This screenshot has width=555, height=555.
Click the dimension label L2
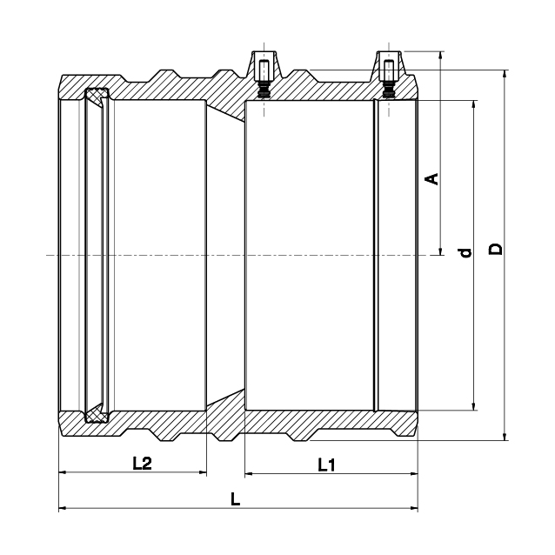click(x=142, y=463)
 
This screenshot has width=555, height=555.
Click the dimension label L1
click(x=326, y=465)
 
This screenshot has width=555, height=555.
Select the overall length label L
click(x=236, y=499)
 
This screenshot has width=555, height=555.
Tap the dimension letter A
click(x=431, y=178)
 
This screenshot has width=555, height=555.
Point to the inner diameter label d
click(x=465, y=253)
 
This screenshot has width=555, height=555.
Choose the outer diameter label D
click(x=496, y=249)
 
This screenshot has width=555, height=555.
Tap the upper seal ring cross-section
click(x=97, y=95)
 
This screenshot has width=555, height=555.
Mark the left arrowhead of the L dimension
click(x=63, y=508)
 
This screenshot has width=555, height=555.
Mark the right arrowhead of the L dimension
click(x=414, y=508)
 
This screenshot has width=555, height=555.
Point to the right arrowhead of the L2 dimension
click(x=203, y=471)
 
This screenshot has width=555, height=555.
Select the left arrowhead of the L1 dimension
click(x=249, y=473)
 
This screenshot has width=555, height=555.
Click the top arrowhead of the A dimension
click(x=440, y=56)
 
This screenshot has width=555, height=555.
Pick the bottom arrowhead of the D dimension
click(x=505, y=437)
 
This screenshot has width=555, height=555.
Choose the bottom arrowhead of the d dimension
click(x=473, y=406)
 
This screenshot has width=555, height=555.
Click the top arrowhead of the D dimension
click(x=505, y=74)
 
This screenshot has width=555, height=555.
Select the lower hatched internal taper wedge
click(x=226, y=399)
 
